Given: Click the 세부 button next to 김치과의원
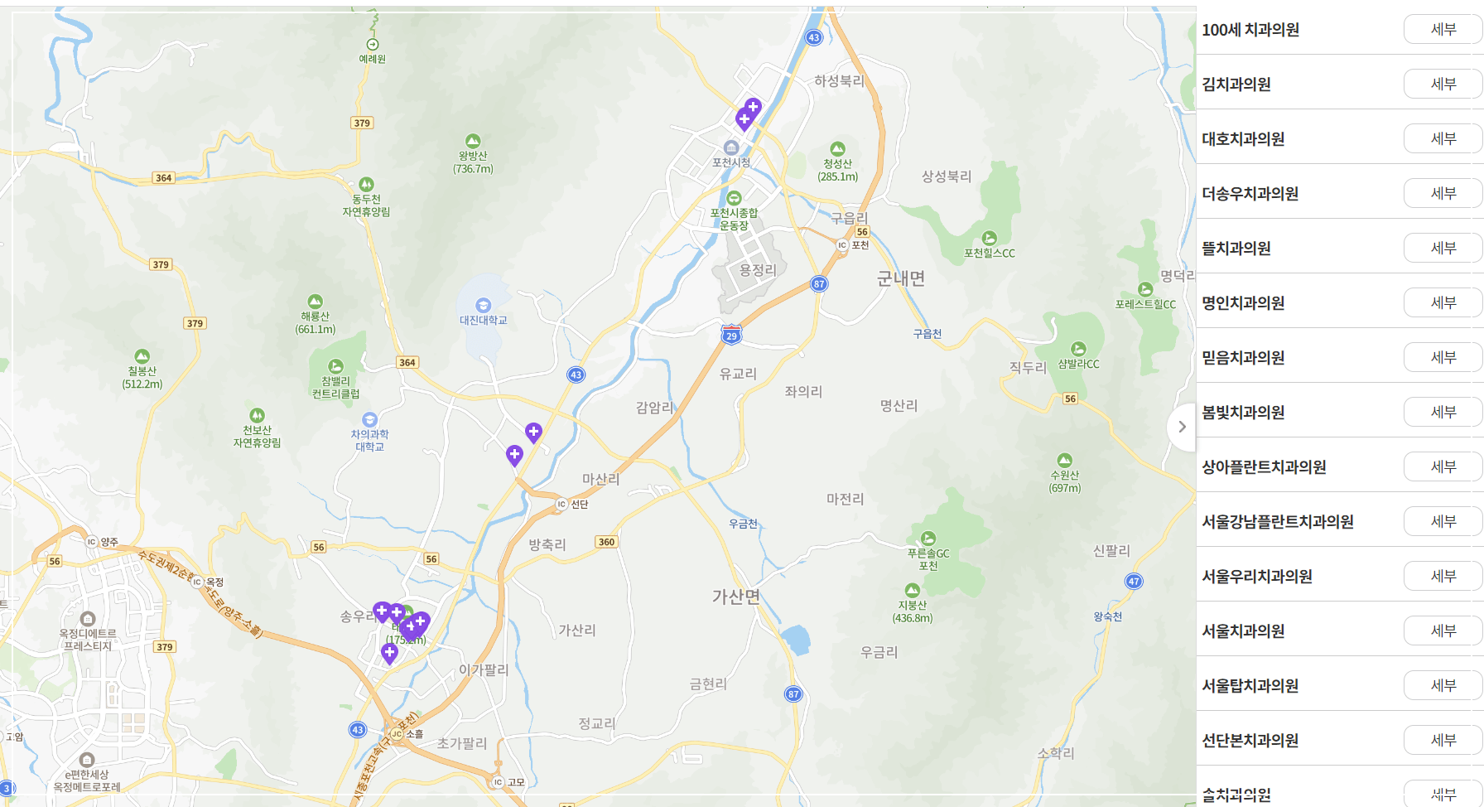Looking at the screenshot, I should pos(1443,84).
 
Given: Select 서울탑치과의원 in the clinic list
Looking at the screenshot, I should pos(1250,685).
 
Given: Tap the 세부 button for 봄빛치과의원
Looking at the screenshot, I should pos(1443,412).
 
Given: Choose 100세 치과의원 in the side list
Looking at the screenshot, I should pos(1250,30).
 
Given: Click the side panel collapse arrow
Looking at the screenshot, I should pos(1182,427).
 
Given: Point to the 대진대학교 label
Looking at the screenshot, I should pos(484,320).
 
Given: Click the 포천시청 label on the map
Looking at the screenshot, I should pos(731,162).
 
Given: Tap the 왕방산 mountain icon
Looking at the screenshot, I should pos(473,142).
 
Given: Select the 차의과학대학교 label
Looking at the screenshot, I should pos(369,440).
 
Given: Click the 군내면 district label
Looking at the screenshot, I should pos(901,278).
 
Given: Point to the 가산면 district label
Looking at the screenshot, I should pos(736,597).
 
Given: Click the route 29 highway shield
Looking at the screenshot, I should pos(731,335).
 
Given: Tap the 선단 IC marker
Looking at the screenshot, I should pos(562,504).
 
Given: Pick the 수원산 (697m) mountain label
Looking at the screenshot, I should pos(1065,481).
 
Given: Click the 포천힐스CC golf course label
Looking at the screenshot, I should pos(989,253).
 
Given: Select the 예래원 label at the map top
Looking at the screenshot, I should pos(372,59).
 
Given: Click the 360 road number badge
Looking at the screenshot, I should pos(606,542).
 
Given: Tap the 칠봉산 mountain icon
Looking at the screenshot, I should pos(142,356).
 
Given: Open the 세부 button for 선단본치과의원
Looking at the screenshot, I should pos(1443,740).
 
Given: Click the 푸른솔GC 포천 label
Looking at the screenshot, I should pos(928,559).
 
